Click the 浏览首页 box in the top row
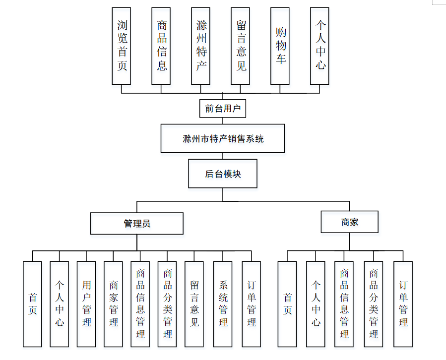click(122, 45)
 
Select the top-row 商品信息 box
click(162, 45)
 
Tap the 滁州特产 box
click(201, 45)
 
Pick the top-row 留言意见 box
click(241, 45)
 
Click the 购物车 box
click(281, 45)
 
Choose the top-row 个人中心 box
click(320, 45)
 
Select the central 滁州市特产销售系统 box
click(223, 138)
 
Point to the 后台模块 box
click(223, 174)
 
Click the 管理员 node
click(137, 223)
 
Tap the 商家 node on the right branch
click(350, 222)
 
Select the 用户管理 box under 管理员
click(86, 303)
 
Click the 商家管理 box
click(113, 303)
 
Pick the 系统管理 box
click(223, 303)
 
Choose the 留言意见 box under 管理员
click(194, 303)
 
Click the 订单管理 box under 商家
click(403, 303)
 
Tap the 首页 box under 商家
click(287, 303)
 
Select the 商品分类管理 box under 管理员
click(167, 303)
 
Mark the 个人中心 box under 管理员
click(60, 303)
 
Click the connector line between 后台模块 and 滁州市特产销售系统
click(223, 156)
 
